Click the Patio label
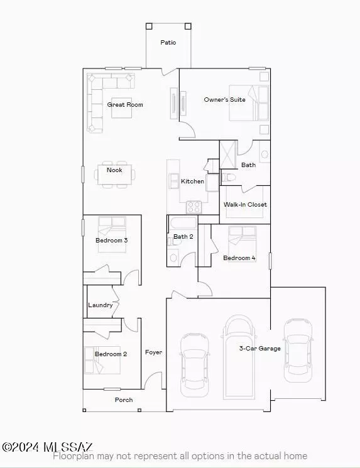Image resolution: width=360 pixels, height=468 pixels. (x=168, y=42)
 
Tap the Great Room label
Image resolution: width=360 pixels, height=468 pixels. (x=125, y=104)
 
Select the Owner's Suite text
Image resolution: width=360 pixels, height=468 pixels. (x=224, y=99)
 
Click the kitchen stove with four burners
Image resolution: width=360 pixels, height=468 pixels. (x=194, y=207)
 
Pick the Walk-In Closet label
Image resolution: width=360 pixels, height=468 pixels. (x=245, y=204)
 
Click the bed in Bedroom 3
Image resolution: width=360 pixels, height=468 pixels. (x=112, y=234)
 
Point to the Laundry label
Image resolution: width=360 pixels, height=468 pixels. (x=101, y=305)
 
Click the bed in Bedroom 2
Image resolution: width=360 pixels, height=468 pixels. (x=102, y=360)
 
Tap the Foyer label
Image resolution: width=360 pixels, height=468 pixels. (x=154, y=352)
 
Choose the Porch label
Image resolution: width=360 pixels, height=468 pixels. (x=124, y=400)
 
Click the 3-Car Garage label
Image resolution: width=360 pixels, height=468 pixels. (x=260, y=348)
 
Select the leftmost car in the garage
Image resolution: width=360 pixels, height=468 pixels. (x=194, y=365)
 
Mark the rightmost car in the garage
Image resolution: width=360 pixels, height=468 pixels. (x=298, y=351)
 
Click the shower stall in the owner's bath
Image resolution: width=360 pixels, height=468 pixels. (x=228, y=155)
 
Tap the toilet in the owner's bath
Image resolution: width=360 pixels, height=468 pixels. (x=228, y=178)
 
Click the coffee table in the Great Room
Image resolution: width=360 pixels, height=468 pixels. (x=122, y=108)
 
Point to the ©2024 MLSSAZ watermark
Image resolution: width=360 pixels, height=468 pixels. (x=48, y=447)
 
